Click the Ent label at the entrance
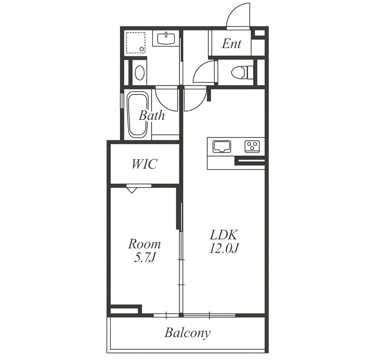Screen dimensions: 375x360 231,44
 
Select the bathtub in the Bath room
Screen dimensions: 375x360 138,115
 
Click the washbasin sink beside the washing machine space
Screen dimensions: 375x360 166,38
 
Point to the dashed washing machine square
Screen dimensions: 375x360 136,42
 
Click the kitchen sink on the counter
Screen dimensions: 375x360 222,147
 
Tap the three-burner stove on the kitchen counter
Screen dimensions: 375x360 252,147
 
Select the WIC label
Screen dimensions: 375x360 144,164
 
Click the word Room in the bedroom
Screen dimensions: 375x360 144,244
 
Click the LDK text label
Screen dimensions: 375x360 224,235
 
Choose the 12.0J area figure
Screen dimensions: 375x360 224,248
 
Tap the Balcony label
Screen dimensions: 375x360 187,333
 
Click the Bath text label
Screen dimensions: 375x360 152,115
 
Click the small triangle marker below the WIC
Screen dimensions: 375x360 132,190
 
